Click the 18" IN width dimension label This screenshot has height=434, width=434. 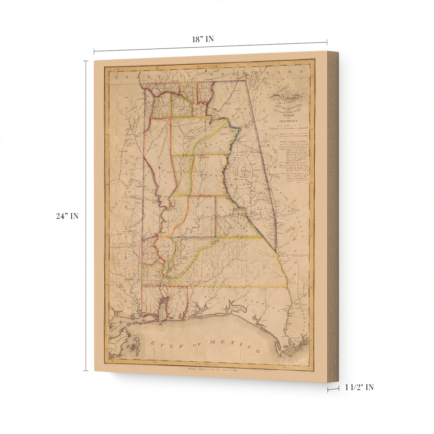pyautogui.click(x=203, y=39)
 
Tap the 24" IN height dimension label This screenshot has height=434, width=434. pyautogui.click(x=67, y=216)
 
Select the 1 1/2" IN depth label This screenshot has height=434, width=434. pyautogui.click(x=359, y=387)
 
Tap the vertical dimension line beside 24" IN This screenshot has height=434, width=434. pyautogui.click(x=86, y=216)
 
